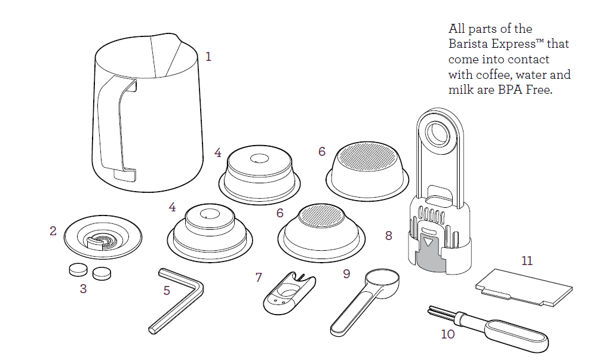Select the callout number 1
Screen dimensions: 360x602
(208, 57)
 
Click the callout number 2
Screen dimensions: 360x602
(53, 230)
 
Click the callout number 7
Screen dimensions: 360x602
(259, 277)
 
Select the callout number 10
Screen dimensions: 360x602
(448, 334)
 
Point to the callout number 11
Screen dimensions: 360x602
(527, 261)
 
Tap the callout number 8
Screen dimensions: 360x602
(389, 236)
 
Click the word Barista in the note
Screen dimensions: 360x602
(468, 44)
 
